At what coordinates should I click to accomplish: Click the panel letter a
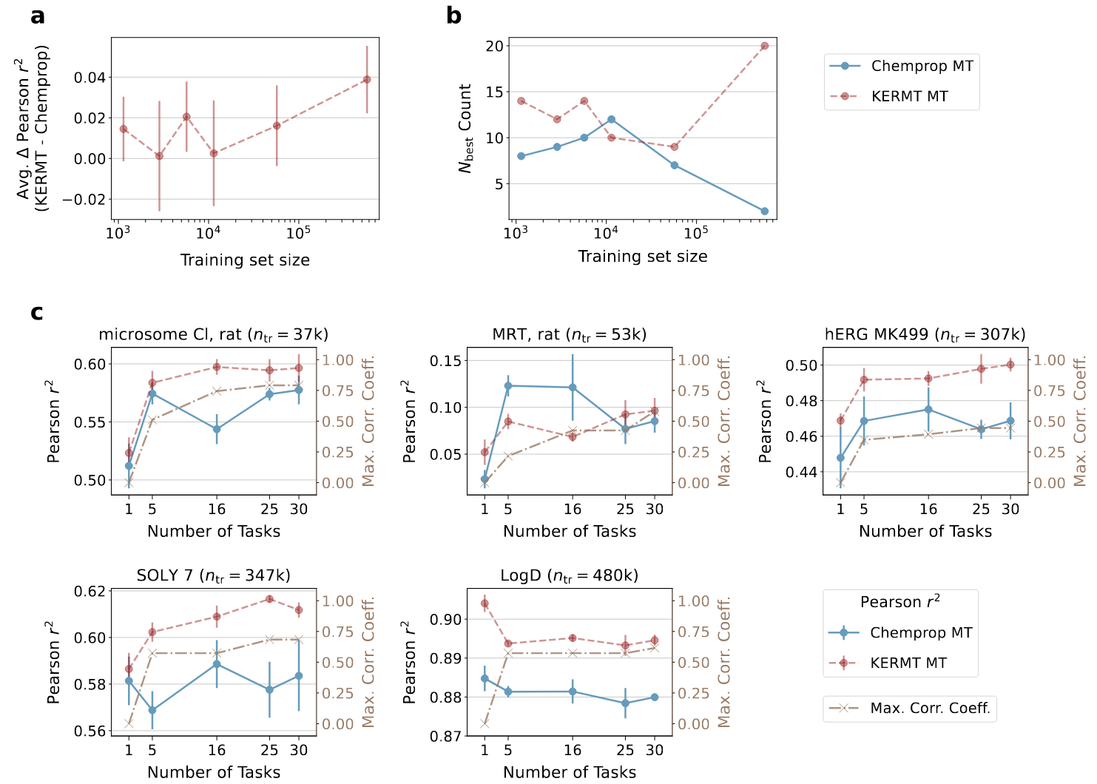[x=38, y=15]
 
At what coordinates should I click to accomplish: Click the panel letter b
[x=453, y=15]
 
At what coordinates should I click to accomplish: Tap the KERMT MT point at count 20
[x=764, y=46]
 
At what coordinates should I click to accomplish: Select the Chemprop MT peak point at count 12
[x=612, y=119]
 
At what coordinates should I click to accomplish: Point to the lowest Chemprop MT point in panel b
[x=764, y=212]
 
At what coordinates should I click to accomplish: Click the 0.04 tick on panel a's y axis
[x=90, y=78]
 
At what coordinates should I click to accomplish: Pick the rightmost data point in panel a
[x=367, y=79]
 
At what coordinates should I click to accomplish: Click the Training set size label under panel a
[x=245, y=260]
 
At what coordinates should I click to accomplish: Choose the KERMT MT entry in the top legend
[x=909, y=96]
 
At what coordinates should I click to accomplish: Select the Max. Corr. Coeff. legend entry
[x=930, y=709]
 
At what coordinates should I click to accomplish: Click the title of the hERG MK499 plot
[x=925, y=335]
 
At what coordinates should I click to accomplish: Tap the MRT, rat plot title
[x=570, y=335]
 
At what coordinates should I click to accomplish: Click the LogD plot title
[x=570, y=575]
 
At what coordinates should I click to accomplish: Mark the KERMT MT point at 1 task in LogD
[x=485, y=604]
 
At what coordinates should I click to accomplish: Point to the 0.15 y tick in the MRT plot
[x=446, y=361]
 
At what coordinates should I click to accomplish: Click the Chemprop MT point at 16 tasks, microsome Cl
[x=217, y=429]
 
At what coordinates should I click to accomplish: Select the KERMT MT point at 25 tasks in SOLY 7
[x=269, y=599]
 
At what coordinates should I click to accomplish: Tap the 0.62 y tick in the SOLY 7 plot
[x=90, y=591]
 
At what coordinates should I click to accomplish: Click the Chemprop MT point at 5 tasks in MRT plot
[x=508, y=385]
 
